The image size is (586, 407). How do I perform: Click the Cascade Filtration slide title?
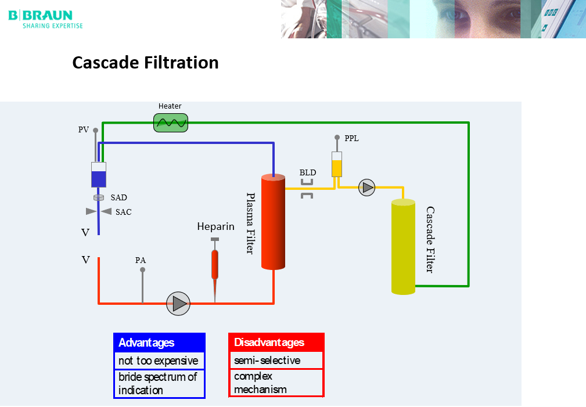coord(145,63)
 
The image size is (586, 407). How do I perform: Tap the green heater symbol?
coord(171,122)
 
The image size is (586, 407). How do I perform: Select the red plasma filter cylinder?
coord(273,222)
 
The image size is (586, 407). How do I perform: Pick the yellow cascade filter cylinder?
coord(403,247)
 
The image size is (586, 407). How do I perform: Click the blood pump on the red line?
coord(178,303)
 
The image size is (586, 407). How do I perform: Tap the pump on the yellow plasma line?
coord(366,187)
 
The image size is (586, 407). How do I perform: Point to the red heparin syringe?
coord(215,264)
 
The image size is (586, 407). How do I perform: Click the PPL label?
coord(351,139)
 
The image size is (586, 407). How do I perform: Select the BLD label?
coord(308,172)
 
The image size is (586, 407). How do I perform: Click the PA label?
coord(141,261)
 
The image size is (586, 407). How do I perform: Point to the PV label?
coord(84,130)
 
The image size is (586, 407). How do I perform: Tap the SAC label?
coord(123,212)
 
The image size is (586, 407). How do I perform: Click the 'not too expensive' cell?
coord(159,361)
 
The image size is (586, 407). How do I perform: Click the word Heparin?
coord(215,226)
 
